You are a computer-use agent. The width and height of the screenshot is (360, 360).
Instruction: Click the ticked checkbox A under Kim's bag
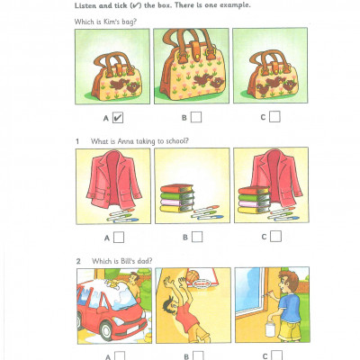[119, 116]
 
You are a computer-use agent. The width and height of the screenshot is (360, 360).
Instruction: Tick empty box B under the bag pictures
[196, 116]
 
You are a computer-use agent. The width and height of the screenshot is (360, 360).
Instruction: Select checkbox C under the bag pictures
[274, 116]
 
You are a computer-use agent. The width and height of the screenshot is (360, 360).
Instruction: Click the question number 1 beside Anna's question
[78, 140]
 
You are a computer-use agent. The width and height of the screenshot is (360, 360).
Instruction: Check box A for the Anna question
[119, 237]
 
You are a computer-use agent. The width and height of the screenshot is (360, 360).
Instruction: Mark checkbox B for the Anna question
[196, 237]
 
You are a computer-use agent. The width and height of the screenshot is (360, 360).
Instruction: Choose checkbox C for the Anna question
[274, 237]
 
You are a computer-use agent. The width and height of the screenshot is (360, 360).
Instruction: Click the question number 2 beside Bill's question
[78, 261]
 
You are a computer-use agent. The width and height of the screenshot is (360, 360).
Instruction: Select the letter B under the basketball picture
[184, 355]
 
